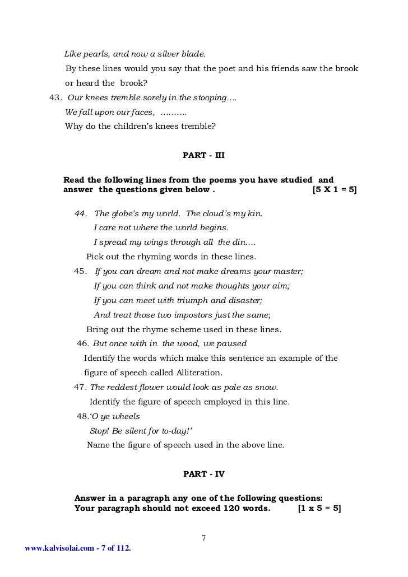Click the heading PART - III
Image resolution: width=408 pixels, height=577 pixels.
(204, 154)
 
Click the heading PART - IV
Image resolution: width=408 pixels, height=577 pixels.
(204, 473)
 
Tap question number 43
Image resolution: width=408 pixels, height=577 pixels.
(55, 97)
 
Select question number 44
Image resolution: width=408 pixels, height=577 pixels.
(82, 213)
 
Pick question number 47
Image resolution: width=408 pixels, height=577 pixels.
(81, 387)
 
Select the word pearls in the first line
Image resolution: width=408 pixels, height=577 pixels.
(92, 54)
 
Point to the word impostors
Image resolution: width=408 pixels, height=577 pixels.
(182, 315)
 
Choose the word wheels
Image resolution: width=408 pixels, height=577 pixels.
(127, 416)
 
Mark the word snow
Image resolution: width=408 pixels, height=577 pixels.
(267, 387)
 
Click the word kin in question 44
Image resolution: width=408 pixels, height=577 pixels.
(255, 213)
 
